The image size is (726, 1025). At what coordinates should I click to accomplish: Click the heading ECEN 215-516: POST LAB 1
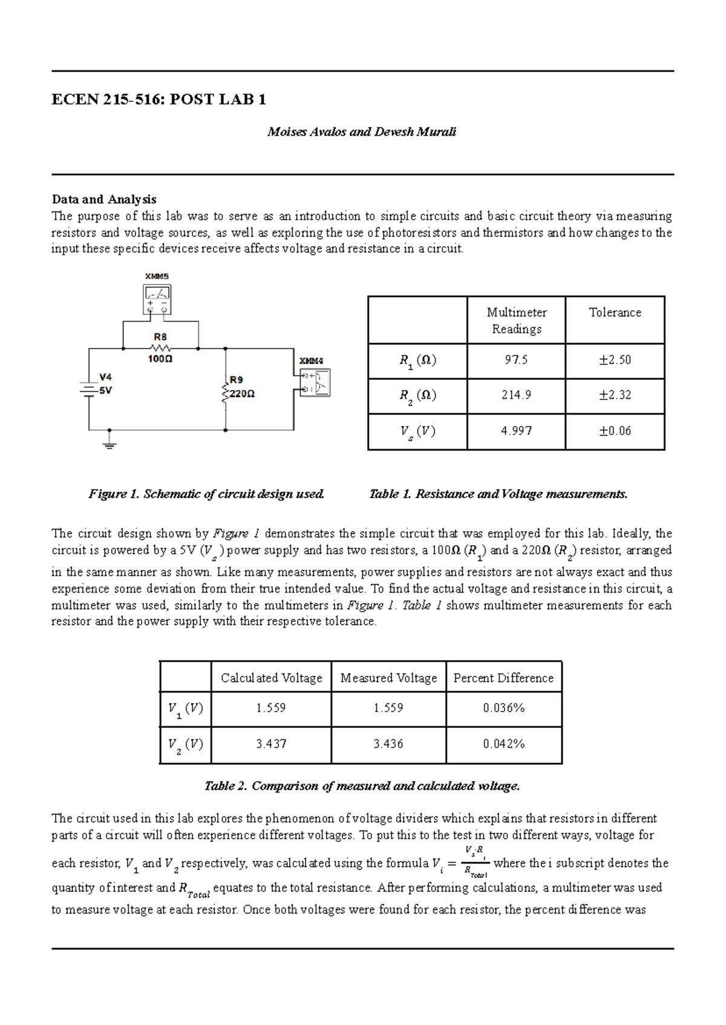tap(159, 100)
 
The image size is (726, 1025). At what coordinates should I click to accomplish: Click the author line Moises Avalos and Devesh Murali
tap(362, 132)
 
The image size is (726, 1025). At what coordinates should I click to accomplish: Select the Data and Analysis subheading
tap(104, 199)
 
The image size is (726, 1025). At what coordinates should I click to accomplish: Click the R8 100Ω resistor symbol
tap(160, 349)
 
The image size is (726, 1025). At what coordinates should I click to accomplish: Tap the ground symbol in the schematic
tap(110, 445)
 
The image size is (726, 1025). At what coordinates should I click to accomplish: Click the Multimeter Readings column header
tap(516, 321)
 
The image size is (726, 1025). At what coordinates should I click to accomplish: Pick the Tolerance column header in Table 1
tap(615, 313)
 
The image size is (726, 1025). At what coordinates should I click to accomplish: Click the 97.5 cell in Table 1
tap(516, 360)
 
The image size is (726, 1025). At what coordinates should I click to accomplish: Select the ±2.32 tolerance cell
tap(615, 395)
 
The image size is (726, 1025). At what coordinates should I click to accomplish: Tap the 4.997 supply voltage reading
tap(516, 431)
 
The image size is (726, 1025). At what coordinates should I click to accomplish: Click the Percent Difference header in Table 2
tap(503, 678)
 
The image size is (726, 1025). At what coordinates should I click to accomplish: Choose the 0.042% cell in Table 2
tap(503, 744)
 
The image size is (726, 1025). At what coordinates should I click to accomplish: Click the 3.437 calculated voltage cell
tap(270, 744)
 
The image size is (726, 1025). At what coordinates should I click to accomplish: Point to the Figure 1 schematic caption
tap(206, 494)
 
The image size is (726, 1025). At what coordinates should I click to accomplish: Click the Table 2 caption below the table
tap(362, 786)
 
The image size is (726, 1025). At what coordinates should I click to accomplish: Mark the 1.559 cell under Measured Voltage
tap(388, 708)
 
